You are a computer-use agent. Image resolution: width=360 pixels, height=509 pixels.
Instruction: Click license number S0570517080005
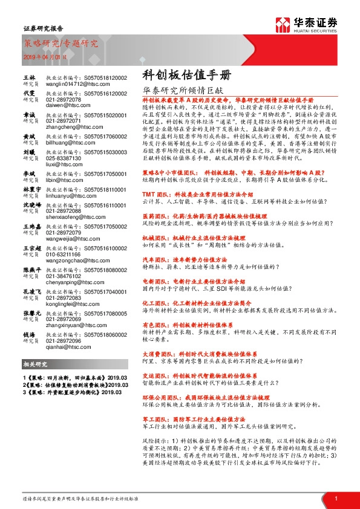(103, 314)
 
